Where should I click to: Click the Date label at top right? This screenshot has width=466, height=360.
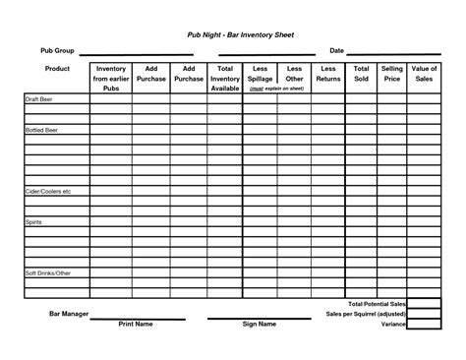pyautogui.click(x=336, y=50)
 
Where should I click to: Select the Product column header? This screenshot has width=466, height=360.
pyautogui.click(x=56, y=69)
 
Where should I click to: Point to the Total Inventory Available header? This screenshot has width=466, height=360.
pyautogui.click(x=225, y=78)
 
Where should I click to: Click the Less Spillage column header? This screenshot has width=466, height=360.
pyautogui.click(x=261, y=74)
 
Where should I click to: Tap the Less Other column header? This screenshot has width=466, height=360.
pyautogui.click(x=294, y=74)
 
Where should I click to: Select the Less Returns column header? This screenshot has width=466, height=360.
pyautogui.click(x=328, y=74)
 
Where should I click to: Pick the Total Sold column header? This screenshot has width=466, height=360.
pyautogui.click(x=361, y=74)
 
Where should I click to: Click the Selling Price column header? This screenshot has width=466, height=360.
pyautogui.click(x=392, y=74)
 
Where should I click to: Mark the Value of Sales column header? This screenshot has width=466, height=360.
pyautogui.click(x=425, y=74)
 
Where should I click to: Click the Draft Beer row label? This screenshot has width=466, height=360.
pyautogui.click(x=41, y=100)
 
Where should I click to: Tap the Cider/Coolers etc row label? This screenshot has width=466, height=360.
pyautogui.click(x=49, y=191)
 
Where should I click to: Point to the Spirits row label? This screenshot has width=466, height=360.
pyautogui.click(x=34, y=223)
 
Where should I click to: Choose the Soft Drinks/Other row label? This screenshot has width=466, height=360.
pyautogui.click(x=49, y=271)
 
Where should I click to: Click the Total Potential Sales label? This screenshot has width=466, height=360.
pyautogui.click(x=377, y=305)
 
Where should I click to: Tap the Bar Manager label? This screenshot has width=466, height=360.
pyautogui.click(x=69, y=314)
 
